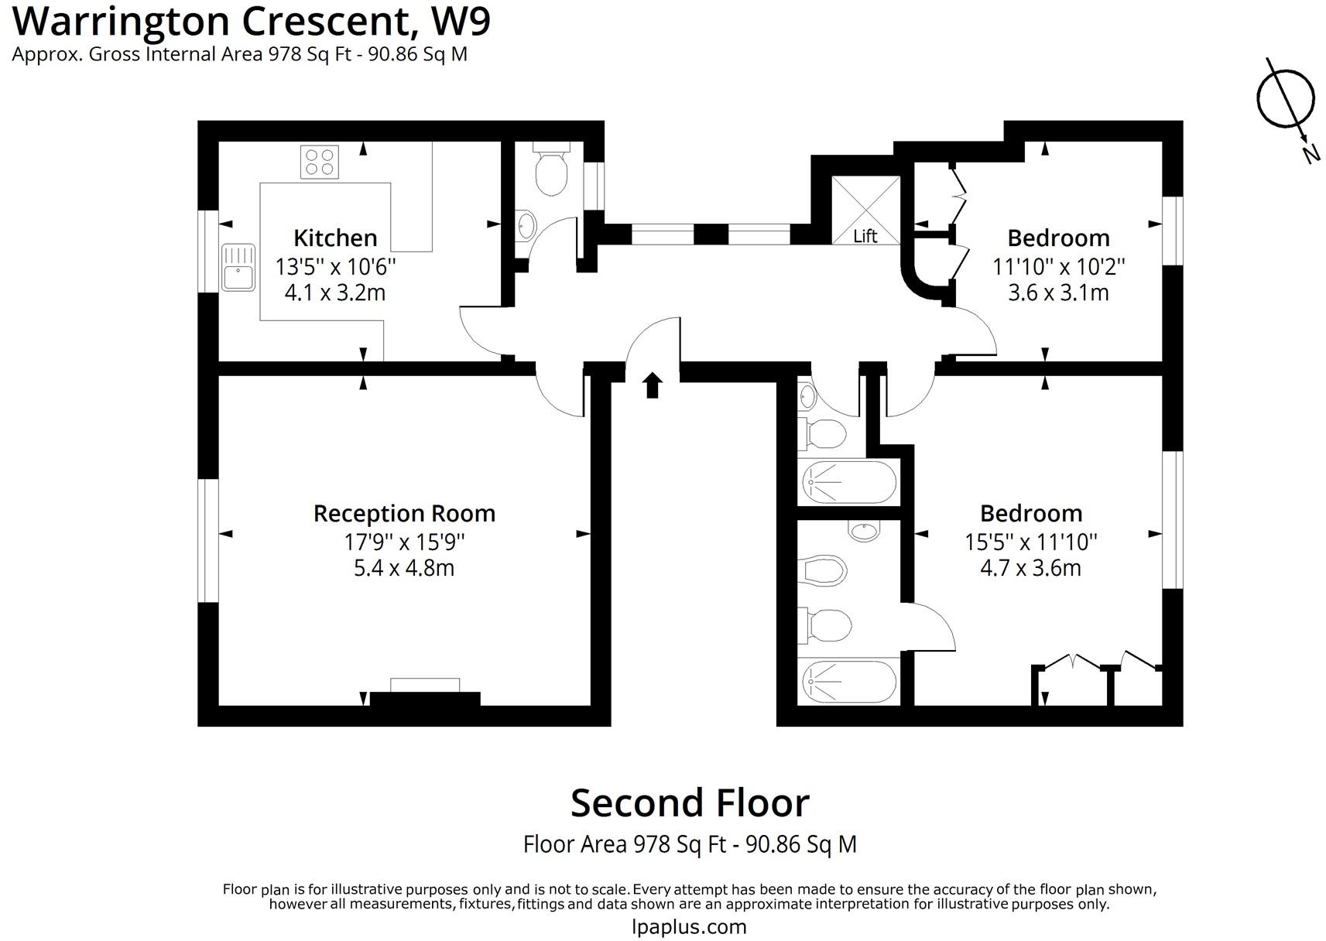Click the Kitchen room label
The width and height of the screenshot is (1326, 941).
click(x=335, y=238)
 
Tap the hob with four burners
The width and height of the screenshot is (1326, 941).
click(x=320, y=162)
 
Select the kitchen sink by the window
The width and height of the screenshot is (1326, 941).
click(x=238, y=268)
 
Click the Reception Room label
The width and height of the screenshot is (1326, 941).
click(x=404, y=513)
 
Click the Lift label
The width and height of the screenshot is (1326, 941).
click(x=865, y=236)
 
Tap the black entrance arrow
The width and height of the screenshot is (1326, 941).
click(x=653, y=385)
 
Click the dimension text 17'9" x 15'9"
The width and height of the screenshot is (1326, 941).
click(x=404, y=542)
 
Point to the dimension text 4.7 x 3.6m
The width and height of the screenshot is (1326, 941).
click(x=1030, y=568)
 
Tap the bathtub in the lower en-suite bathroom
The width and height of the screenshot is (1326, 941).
click(x=849, y=681)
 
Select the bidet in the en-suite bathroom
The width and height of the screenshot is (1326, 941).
click(x=826, y=571)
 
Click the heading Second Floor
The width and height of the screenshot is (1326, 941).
click(x=690, y=803)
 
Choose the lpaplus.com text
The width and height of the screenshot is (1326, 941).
click(x=689, y=926)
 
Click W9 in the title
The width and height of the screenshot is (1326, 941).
click(x=461, y=22)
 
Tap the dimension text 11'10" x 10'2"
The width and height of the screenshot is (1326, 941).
click(x=1058, y=267)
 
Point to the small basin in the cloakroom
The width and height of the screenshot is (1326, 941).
click(x=525, y=225)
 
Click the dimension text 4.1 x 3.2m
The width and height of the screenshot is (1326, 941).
click(x=335, y=293)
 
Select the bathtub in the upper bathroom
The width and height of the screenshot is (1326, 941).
click(x=849, y=482)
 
